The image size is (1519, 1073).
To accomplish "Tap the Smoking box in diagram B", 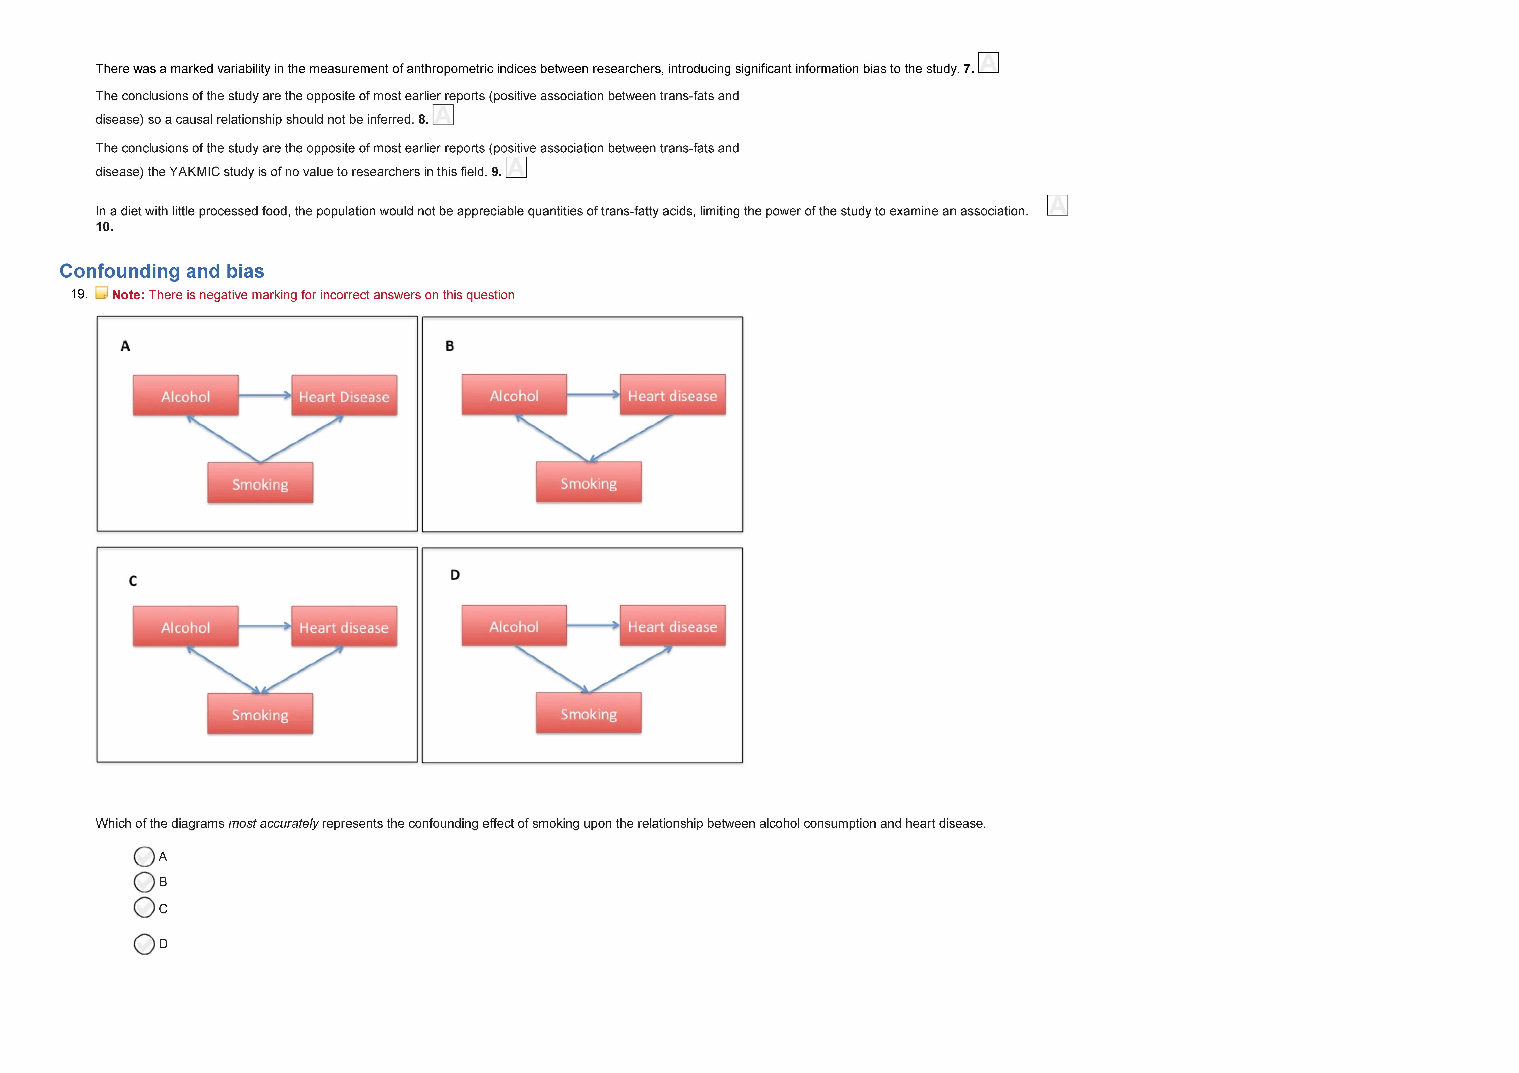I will [588, 483].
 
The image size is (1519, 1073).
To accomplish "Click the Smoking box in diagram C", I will [260, 714].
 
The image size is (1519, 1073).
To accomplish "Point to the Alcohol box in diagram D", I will [514, 625].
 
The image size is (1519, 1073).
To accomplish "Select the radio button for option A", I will [144, 857].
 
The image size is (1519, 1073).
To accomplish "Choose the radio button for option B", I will [144, 882].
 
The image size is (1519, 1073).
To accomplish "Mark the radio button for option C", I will [144, 908].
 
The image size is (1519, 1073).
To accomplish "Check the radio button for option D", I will [144, 944].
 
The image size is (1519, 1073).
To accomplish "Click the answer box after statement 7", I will [988, 63].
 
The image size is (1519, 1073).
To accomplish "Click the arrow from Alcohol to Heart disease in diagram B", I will [593, 395].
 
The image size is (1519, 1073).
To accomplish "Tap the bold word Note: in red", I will [128, 295].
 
